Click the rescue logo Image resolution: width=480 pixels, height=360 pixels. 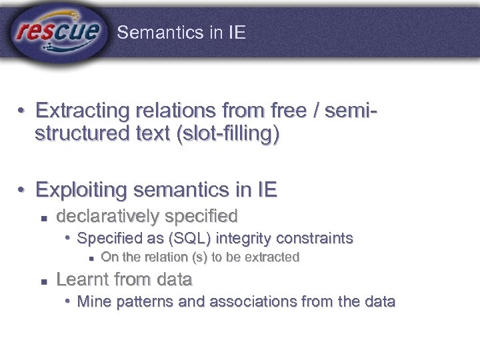coord(58,31)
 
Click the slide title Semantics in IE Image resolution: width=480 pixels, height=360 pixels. coord(181,33)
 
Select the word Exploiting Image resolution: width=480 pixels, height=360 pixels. coord(81,191)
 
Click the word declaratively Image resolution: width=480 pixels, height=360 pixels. coord(108,216)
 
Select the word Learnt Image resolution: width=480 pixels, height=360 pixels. coord(81,279)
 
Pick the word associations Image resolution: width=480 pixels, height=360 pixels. coord(242,301)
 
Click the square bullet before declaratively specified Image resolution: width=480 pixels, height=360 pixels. coord(43,217)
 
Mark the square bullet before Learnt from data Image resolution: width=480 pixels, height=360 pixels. coord(43,280)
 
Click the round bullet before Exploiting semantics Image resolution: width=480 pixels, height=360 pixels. coord(22,191)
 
